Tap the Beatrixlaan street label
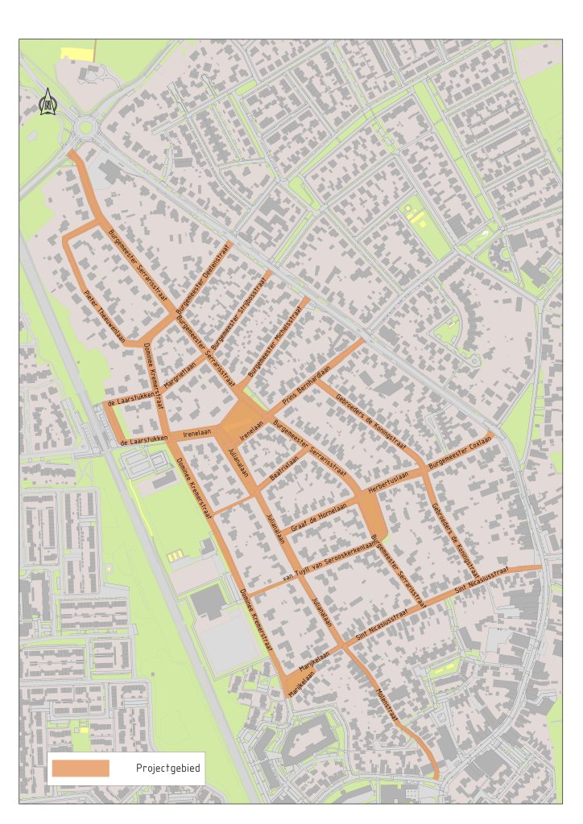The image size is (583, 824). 284,468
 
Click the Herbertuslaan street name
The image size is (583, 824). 389,477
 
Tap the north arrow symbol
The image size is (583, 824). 48,102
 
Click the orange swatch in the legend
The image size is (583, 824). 81,768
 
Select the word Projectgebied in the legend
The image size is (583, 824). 167,769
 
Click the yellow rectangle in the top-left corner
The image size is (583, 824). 77,53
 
